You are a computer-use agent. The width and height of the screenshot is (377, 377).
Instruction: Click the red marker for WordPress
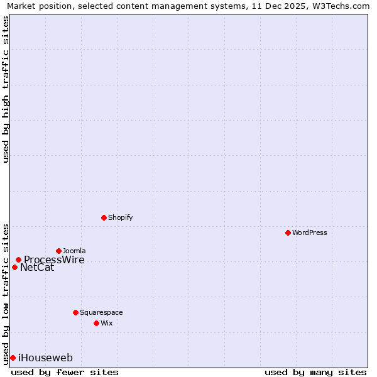(288, 232)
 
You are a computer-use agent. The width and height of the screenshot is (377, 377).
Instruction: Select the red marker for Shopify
(104, 217)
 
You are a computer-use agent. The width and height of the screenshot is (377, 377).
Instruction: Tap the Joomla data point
(58, 251)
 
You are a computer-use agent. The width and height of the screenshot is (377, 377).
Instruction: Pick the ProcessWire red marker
(18, 260)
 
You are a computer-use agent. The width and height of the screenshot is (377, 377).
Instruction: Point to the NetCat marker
(14, 267)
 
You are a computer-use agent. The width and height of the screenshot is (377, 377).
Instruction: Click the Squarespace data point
(75, 312)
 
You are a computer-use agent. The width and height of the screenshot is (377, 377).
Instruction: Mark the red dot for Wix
(96, 323)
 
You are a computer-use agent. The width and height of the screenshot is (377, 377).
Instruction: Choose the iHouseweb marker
(13, 358)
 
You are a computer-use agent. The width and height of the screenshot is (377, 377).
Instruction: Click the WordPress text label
(310, 232)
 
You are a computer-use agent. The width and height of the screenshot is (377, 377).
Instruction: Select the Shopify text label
(120, 217)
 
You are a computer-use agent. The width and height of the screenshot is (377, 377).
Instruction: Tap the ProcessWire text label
(54, 260)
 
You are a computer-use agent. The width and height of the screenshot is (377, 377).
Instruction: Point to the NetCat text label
(37, 268)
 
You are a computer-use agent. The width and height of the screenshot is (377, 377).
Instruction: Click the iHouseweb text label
(45, 358)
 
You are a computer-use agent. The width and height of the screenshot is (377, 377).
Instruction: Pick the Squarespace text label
(101, 312)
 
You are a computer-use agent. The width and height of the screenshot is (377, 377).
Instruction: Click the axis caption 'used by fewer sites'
(65, 372)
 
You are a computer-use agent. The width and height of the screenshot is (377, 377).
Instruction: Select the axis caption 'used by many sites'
(315, 372)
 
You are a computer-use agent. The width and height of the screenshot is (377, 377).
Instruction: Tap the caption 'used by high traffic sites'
(6, 89)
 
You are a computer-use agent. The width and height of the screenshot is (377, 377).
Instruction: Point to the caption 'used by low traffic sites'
(6, 293)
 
